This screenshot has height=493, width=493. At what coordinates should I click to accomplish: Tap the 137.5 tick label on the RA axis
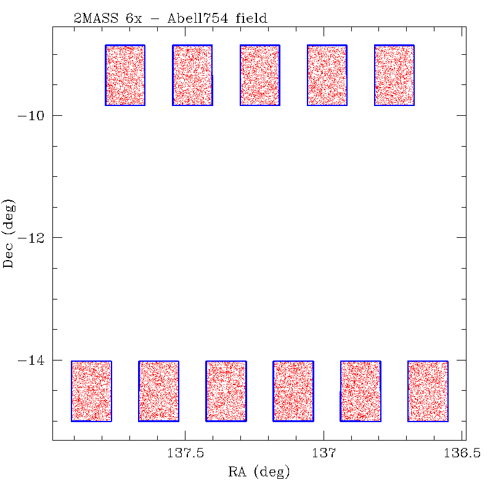(x=185, y=454)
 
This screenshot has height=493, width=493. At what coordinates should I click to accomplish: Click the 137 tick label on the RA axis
(x=324, y=454)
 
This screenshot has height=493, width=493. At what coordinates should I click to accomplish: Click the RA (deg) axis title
(x=259, y=473)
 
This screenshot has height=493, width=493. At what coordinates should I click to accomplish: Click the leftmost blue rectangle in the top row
(x=125, y=75)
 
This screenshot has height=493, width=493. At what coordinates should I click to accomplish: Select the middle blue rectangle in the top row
(x=259, y=75)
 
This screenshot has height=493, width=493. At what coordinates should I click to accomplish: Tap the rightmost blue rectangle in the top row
(x=394, y=75)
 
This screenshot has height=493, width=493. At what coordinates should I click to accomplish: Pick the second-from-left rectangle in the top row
(x=192, y=75)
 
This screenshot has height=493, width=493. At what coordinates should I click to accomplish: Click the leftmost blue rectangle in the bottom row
(x=91, y=391)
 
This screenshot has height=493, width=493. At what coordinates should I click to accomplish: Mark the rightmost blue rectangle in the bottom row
(x=428, y=391)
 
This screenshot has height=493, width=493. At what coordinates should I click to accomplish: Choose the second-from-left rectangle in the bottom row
(x=158, y=391)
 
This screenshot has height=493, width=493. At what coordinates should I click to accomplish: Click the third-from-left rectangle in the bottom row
(x=226, y=391)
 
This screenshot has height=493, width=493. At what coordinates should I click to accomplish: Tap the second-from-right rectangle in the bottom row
(x=361, y=391)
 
